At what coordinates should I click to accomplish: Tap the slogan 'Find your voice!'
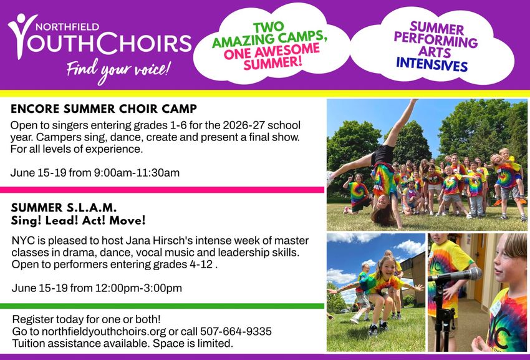coord(118,67)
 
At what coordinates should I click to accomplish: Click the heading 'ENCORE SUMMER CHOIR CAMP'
coord(104,108)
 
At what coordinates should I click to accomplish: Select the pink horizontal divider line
coord(162,190)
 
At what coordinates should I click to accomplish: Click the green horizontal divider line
coord(162,306)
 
